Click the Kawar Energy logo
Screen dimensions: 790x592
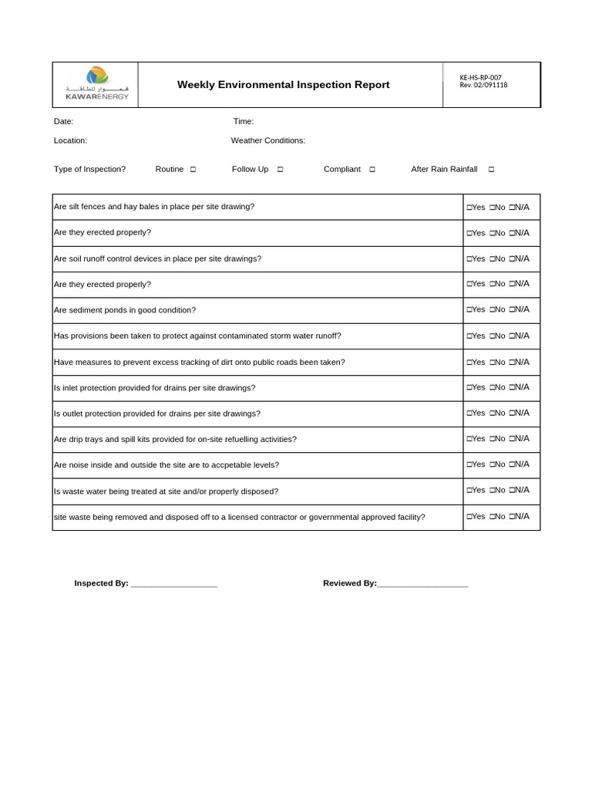97,84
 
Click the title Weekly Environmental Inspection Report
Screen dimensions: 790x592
283,85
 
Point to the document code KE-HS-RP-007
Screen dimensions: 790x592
479,77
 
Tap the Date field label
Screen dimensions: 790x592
63,121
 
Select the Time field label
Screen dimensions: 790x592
244,121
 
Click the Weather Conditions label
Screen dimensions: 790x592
267,140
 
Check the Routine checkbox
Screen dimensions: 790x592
193,170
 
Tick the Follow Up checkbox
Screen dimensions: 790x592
280,170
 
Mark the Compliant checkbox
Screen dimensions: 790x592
372,170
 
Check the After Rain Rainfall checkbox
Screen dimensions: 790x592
491,170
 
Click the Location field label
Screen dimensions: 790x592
70,140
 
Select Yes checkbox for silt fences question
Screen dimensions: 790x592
469,208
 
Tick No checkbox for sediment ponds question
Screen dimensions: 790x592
492,310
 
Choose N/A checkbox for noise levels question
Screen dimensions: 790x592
512,465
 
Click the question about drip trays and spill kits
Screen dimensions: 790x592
175,439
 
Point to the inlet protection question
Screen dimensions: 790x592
154,387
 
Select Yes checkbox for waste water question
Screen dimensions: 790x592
469,491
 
